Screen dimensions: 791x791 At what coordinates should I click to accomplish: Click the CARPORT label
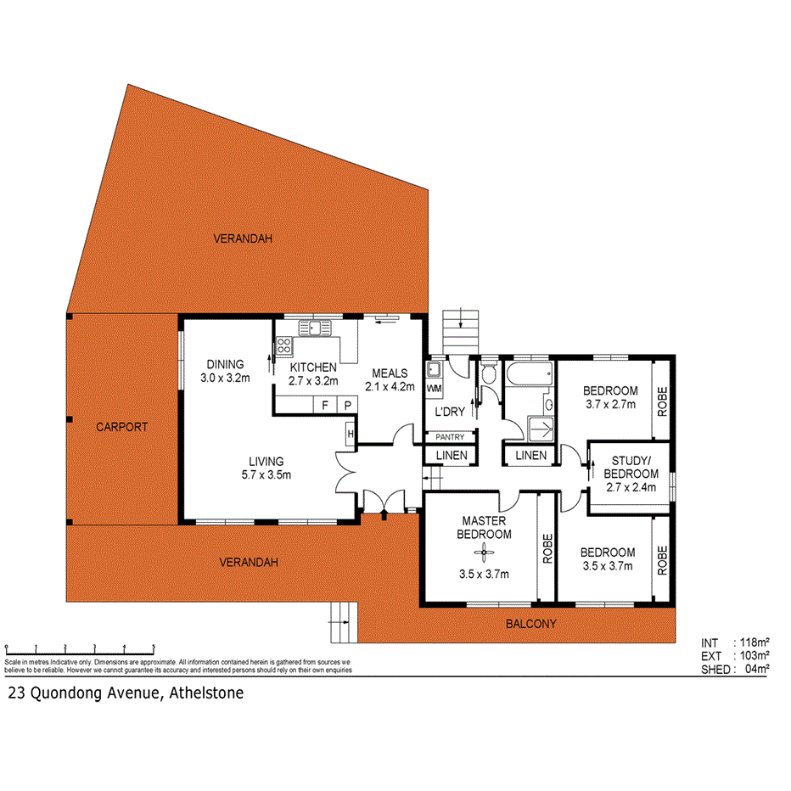click(121, 427)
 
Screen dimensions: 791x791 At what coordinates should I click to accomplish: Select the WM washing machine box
click(433, 388)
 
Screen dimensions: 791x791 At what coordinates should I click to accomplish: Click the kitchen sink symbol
click(314, 328)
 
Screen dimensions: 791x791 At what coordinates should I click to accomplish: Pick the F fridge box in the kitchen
click(325, 406)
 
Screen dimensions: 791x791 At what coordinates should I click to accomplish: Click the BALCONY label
click(531, 624)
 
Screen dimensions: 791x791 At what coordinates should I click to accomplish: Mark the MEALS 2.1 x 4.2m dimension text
click(389, 387)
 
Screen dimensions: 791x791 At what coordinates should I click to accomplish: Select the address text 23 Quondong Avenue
click(126, 693)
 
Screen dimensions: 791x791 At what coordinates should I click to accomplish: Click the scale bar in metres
click(80, 648)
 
